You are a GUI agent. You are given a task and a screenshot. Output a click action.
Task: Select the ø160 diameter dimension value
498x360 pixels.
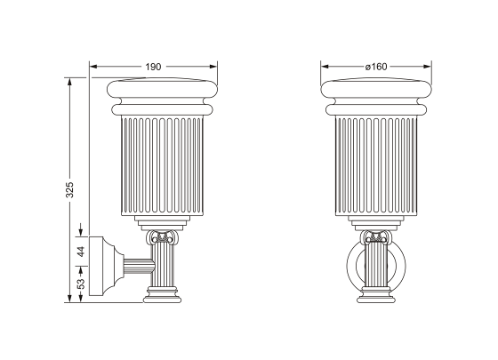(x=376, y=66)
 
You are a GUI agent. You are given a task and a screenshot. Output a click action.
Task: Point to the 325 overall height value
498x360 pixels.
(x=69, y=188)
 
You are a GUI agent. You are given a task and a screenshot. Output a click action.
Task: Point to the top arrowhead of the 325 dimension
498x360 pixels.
(x=69, y=80)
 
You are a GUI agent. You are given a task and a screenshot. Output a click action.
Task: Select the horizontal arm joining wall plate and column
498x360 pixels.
(x=135, y=264)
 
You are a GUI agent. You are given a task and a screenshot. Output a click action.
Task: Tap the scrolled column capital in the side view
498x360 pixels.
(x=163, y=238)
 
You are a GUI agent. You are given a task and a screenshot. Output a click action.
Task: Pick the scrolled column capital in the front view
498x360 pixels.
(x=376, y=238)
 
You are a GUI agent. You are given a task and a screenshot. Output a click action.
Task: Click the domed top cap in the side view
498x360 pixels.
(x=163, y=89)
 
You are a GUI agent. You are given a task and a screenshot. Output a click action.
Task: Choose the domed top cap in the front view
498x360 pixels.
(x=376, y=89)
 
